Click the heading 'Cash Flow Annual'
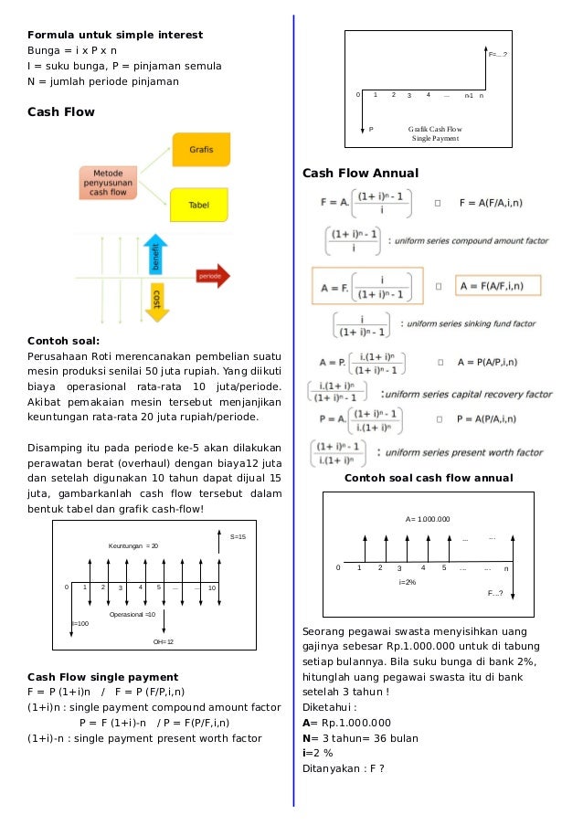coord(360,173)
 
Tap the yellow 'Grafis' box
coord(201,148)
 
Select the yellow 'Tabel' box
coord(199,205)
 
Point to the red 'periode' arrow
coord(211,274)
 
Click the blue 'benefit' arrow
coord(157,258)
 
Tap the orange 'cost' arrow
coord(156,299)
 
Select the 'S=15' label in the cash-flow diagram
coord(238,536)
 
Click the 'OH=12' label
coord(164,642)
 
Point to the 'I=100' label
coord(80,623)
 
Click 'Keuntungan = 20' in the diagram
coord(133,545)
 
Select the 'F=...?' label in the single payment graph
coord(498,55)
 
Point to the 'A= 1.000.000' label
coord(428,519)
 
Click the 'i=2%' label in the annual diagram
coord(408,581)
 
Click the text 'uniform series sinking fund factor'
coord(469,323)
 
